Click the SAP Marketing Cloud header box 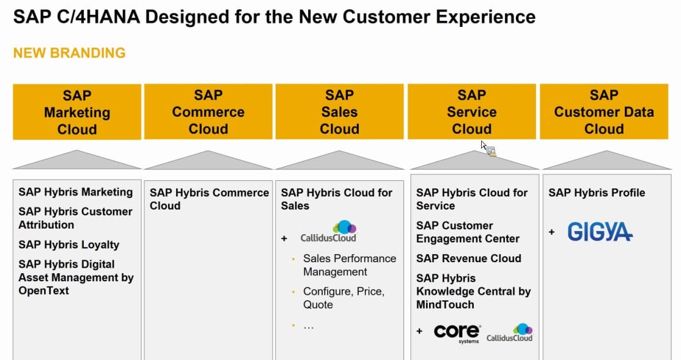click(x=77, y=112)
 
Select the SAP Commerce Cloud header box click(x=208, y=112)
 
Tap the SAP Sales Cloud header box click(x=339, y=112)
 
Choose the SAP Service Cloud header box click(x=471, y=112)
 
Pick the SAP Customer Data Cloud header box click(x=603, y=112)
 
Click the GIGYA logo click(x=600, y=232)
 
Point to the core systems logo click(x=457, y=332)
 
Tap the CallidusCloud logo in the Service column click(x=510, y=332)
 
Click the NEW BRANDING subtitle click(x=69, y=53)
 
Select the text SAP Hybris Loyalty click(x=68, y=244)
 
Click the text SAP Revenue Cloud click(x=468, y=259)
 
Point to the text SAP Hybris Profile click(x=596, y=193)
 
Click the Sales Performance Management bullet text click(x=349, y=265)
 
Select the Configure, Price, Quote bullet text click(x=344, y=298)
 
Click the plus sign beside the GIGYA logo click(x=551, y=232)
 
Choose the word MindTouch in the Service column click(x=445, y=304)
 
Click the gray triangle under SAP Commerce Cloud click(x=208, y=161)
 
